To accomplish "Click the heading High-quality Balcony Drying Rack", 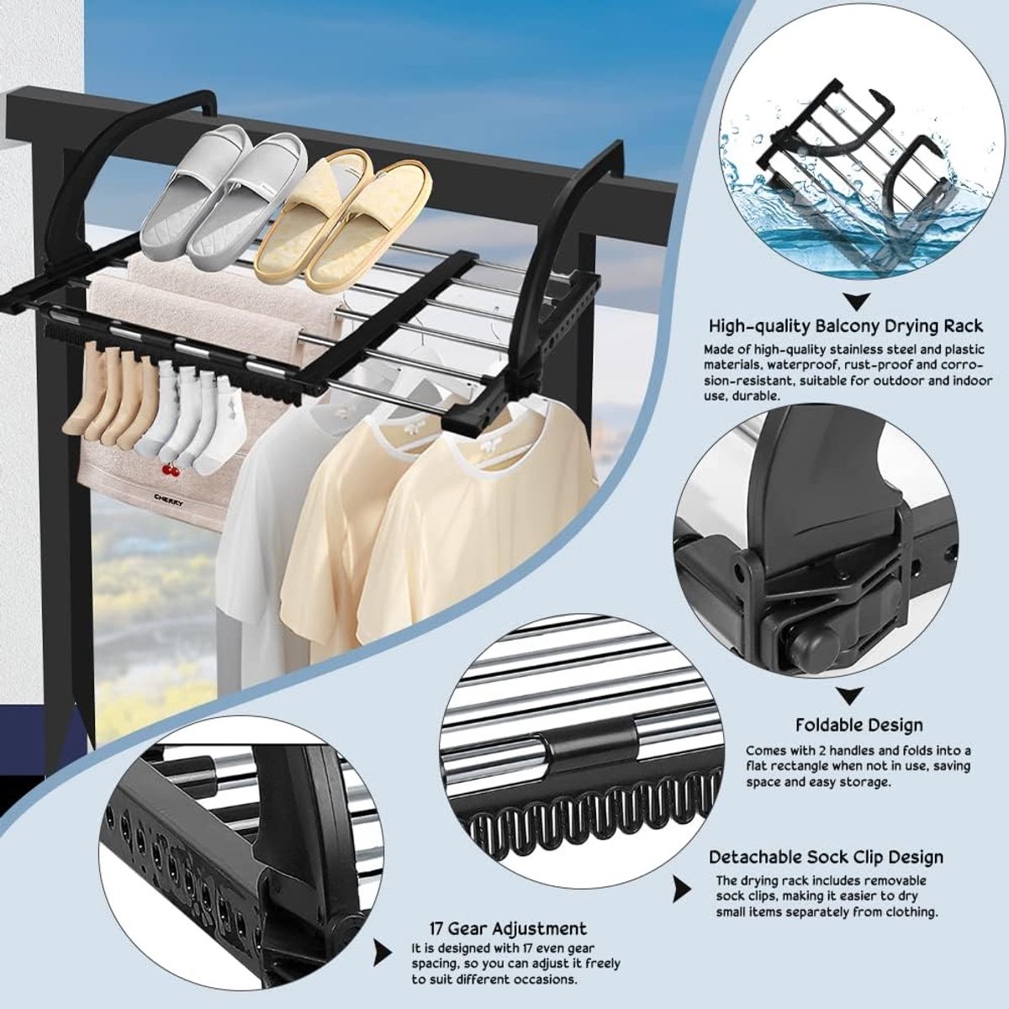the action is point(846,326).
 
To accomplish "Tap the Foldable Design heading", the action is point(859,725).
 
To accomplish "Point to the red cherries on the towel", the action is point(169,471).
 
